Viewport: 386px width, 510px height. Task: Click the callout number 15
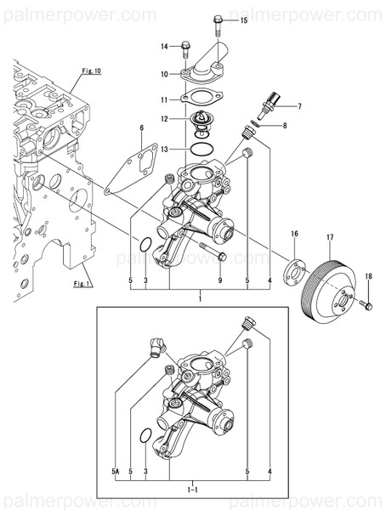tap(244, 19)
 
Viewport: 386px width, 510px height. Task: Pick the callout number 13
tap(165, 149)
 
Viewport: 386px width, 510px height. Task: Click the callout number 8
tap(285, 126)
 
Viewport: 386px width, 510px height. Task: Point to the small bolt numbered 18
tap(366, 303)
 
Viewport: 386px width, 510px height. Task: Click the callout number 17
tap(330, 236)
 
